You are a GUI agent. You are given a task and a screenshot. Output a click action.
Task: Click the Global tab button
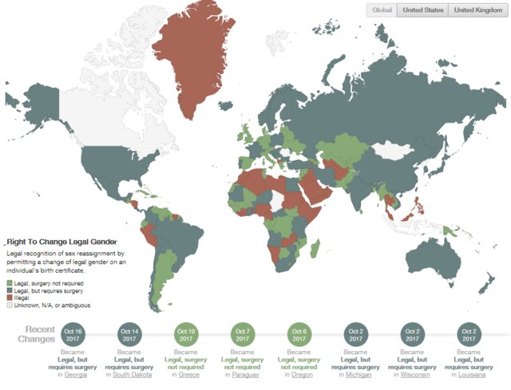382,10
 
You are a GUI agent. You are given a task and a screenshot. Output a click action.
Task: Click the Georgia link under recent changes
77,374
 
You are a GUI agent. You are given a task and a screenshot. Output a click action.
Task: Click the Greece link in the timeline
189,374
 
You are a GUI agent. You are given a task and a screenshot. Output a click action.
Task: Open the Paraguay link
245,374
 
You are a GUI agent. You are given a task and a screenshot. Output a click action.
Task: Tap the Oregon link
303,374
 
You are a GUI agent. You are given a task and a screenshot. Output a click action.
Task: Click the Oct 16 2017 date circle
73,333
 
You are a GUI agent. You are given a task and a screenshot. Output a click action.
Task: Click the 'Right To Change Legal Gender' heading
61,240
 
